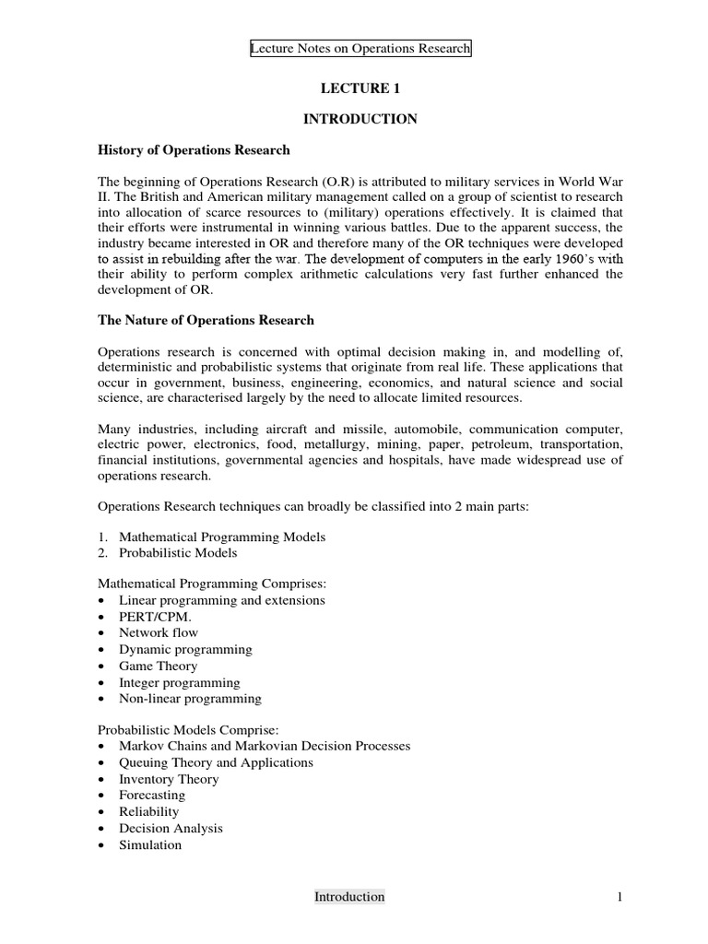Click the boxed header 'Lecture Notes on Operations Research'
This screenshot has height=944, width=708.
pyautogui.click(x=360, y=49)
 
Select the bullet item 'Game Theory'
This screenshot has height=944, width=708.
pyautogui.click(x=158, y=666)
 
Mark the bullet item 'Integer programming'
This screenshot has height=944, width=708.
pyautogui.click(x=179, y=682)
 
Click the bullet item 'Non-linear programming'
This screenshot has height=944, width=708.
pyautogui.click(x=190, y=699)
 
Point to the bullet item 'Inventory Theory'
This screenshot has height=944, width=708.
pyautogui.click(x=169, y=779)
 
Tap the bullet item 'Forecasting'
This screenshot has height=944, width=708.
pyautogui.click(x=152, y=795)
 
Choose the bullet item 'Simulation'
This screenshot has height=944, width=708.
pyautogui.click(x=150, y=844)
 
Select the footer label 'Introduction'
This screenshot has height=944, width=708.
pyautogui.click(x=349, y=896)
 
